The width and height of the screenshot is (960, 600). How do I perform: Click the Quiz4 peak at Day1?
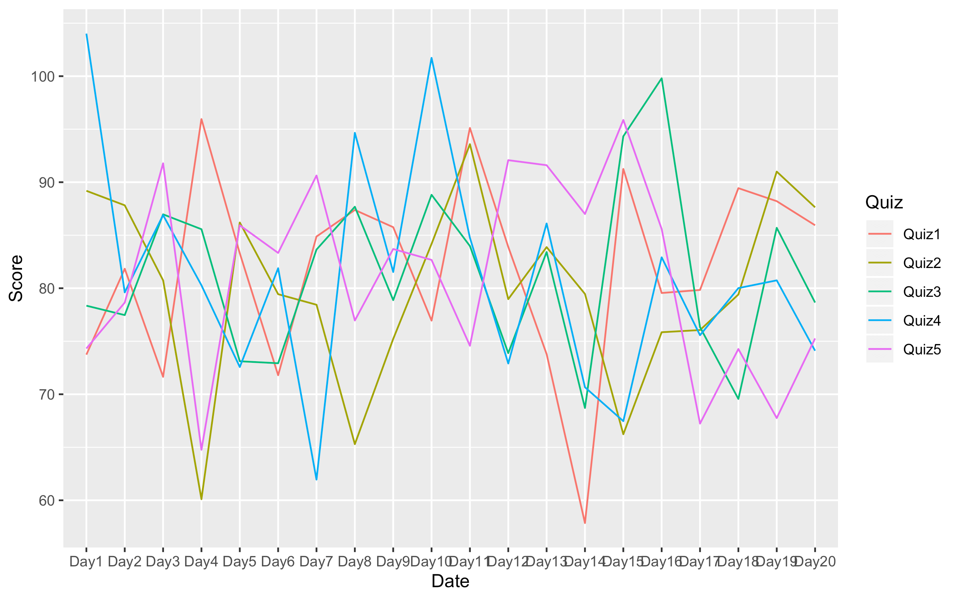(x=86, y=34)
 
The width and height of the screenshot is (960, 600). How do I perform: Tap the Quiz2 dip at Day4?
(x=201, y=499)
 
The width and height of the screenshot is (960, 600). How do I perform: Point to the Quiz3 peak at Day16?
(x=662, y=78)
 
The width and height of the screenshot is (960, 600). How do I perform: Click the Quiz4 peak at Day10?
(x=432, y=58)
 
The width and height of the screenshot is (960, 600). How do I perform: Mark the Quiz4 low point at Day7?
(x=316, y=479)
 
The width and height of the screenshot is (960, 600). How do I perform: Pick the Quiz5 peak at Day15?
(x=623, y=120)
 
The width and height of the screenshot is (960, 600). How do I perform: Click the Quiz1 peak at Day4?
(x=201, y=119)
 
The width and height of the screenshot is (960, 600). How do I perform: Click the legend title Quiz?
(x=884, y=202)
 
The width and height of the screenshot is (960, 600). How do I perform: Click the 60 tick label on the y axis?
(x=46, y=500)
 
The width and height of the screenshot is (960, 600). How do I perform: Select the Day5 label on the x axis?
(x=239, y=562)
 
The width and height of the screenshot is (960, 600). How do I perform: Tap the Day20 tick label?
(x=815, y=562)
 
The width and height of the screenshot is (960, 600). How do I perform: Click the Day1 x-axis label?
(x=86, y=562)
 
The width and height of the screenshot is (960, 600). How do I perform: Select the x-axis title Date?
(x=450, y=581)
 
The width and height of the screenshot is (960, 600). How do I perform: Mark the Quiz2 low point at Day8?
(x=355, y=444)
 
